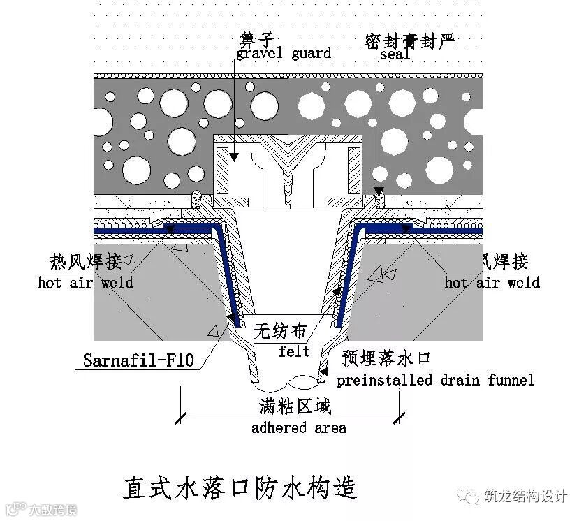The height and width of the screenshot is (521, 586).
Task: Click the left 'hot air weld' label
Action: pyautogui.click(x=86, y=282)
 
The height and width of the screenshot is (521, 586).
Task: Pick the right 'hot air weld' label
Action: pyautogui.click(x=492, y=282)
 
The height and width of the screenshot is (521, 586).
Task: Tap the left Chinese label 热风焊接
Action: pyautogui.click(x=86, y=262)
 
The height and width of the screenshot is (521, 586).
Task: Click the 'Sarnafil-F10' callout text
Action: pyautogui.click(x=138, y=361)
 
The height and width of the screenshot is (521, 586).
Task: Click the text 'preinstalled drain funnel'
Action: pyautogui.click(x=435, y=380)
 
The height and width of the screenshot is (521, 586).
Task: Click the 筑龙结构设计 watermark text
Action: pyautogui.click(x=525, y=497)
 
